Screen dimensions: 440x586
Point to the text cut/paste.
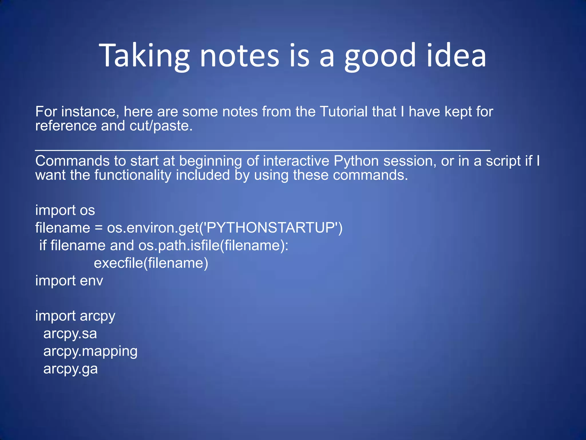pyautogui.click(x=161, y=126)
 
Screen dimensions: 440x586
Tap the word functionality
pyautogui.click(x=133, y=175)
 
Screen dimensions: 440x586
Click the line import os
pyautogui.click(x=65, y=210)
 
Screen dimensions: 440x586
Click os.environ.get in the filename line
pyautogui.click(x=153, y=228)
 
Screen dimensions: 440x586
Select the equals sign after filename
pyautogui.click(x=98, y=228)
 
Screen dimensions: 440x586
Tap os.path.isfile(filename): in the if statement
pyautogui.click(x=213, y=245)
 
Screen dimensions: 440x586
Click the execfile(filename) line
pyautogui.click(x=151, y=263)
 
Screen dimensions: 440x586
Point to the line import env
pyautogui.click(x=69, y=281)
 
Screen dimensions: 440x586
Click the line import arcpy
pyautogui.click(x=75, y=316)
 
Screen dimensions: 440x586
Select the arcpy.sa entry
pyautogui.click(x=70, y=334)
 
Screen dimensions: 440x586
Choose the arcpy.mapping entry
pyautogui.click(x=90, y=351)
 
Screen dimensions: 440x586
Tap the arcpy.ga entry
pyautogui.click(x=70, y=369)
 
